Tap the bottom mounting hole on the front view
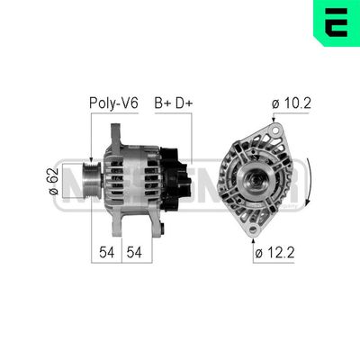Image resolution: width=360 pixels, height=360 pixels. [x=253, y=229]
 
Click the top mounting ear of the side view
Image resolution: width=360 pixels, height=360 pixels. [x=116, y=132]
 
